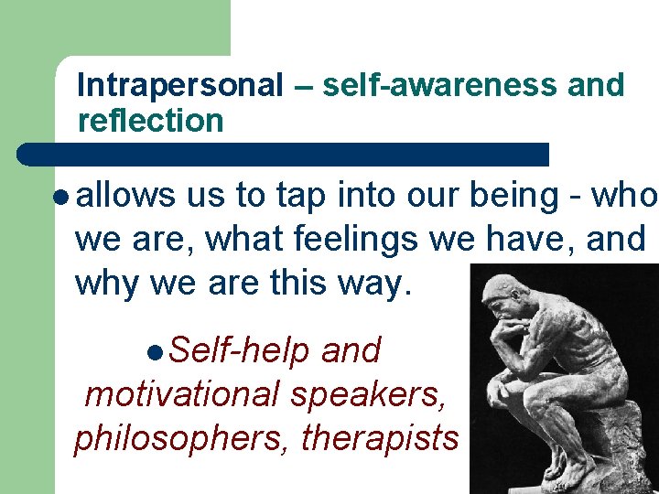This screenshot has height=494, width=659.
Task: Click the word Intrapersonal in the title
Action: click(x=180, y=86)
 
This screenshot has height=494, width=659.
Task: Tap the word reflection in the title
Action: click(x=151, y=121)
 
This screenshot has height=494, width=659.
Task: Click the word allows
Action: click(x=125, y=196)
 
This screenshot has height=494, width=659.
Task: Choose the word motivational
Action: click(x=181, y=394)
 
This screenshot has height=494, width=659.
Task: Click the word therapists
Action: click(x=380, y=438)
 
